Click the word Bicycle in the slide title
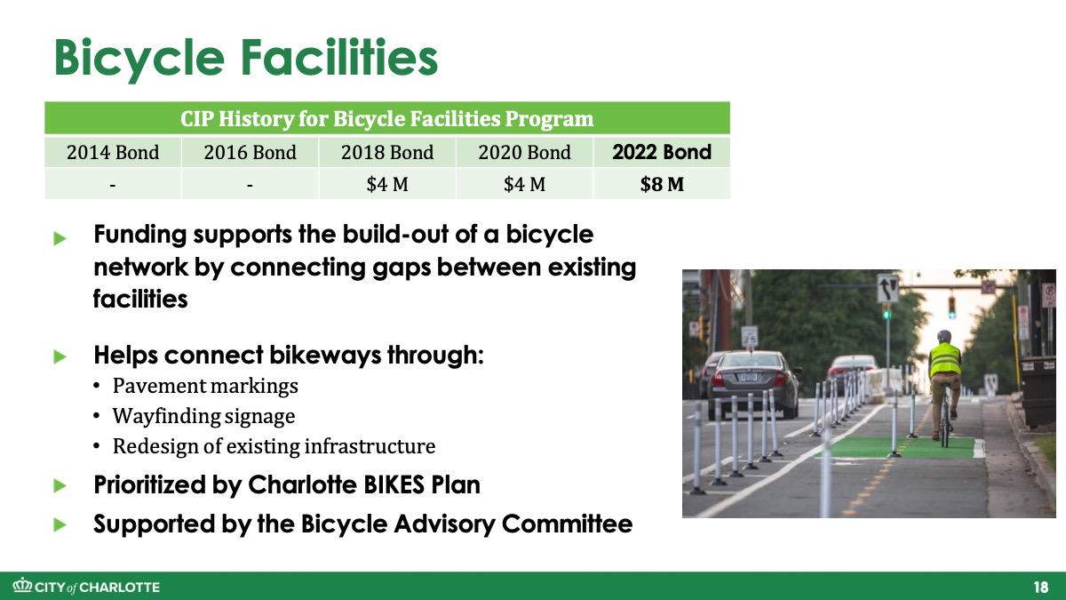pos(139,59)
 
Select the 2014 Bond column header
pos(113,152)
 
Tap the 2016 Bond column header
pos(250,152)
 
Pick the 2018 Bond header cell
pos(387,152)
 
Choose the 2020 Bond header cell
pos(524,152)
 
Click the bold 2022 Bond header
pos(662,152)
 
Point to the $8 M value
pos(662,184)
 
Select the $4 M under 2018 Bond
pos(387,184)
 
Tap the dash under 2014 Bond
pos(113,185)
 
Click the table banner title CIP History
pos(387,118)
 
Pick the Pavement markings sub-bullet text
pos(205,386)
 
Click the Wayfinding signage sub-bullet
pos(203,416)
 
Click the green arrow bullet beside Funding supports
pos(60,238)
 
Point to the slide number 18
pos(1041,588)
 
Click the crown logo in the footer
pos(22,585)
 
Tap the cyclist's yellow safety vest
pos(944,360)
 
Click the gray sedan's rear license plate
pos(746,377)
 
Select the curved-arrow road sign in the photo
pos(887,288)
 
